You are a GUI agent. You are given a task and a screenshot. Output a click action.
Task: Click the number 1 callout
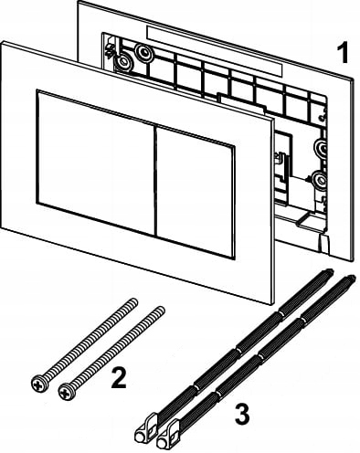(x=343, y=53)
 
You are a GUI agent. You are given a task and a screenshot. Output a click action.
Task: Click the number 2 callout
(x=119, y=377)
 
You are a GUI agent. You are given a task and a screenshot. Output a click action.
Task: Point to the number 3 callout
(x=242, y=414)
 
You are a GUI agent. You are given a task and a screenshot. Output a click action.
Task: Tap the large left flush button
(x=95, y=162)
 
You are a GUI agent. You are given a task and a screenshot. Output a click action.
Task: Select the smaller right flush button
(x=195, y=192)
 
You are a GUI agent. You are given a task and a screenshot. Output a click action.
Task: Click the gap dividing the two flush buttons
(x=154, y=180)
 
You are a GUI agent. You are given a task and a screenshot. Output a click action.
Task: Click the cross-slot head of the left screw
(x=39, y=384)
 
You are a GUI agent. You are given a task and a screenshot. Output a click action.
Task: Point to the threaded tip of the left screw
(x=133, y=302)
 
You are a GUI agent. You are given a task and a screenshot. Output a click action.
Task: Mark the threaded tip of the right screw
(x=160, y=311)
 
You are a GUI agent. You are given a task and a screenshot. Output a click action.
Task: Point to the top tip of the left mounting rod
(x=330, y=271)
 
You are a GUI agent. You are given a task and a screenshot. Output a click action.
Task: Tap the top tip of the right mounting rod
(x=351, y=278)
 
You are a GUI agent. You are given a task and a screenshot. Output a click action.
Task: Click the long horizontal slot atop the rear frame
(x=215, y=50)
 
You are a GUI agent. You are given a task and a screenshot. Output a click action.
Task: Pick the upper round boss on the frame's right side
(x=322, y=148)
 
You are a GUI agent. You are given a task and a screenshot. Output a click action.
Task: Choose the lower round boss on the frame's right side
(x=320, y=180)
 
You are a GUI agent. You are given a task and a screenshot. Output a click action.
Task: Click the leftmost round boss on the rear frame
(x=122, y=62)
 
